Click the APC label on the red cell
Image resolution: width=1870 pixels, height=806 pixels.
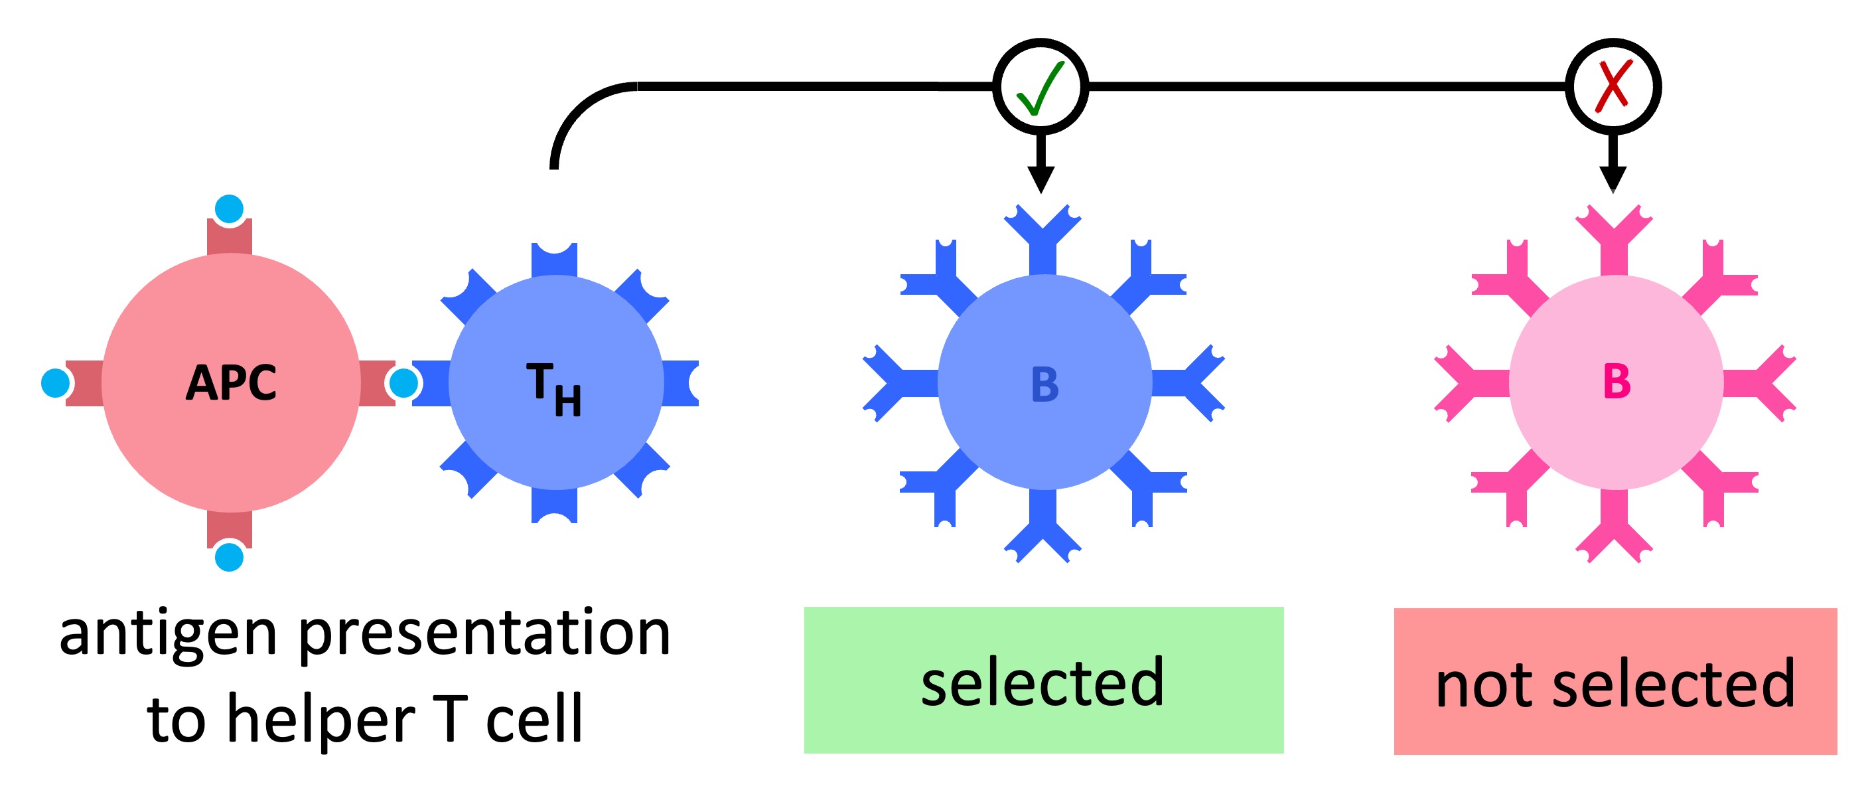[231, 382]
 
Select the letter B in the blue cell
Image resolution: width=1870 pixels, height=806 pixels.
[1044, 384]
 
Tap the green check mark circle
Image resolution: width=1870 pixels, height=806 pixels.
[1041, 86]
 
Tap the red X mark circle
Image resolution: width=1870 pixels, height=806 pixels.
[1613, 86]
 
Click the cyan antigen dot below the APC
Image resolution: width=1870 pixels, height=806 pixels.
[230, 557]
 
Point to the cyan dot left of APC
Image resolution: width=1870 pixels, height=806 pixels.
[55, 382]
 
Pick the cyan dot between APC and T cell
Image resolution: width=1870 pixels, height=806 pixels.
[403, 382]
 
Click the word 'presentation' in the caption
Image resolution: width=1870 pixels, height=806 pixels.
[484, 633]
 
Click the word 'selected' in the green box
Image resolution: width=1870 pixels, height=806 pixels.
[1043, 682]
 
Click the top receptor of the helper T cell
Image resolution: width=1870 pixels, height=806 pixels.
[555, 258]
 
